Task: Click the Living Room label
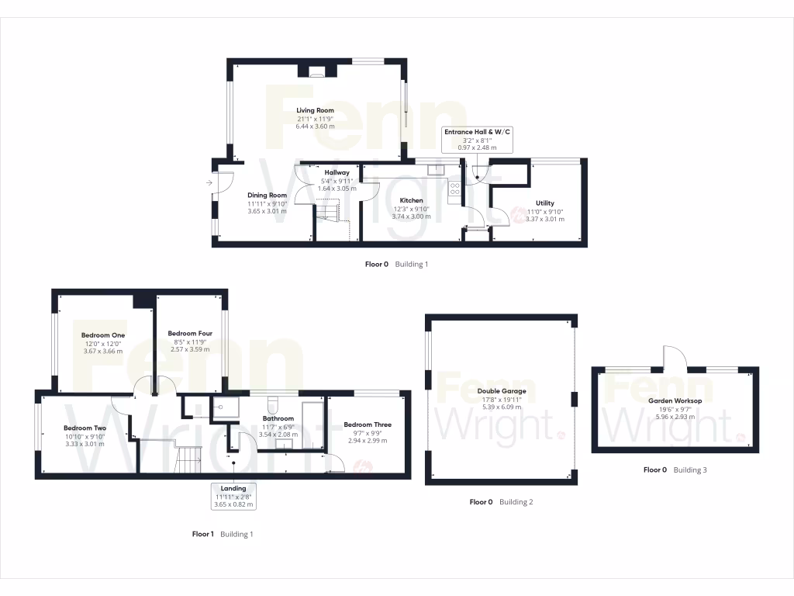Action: tap(316, 110)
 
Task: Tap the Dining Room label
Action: tap(267, 195)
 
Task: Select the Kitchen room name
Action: tap(411, 200)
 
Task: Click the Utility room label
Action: tap(544, 203)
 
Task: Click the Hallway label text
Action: tap(337, 172)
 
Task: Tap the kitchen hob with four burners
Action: tap(454, 190)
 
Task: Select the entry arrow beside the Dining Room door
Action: tap(210, 183)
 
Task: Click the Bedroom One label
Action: tap(103, 335)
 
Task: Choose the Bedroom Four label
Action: tap(190, 334)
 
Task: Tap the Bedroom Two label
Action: tap(85, 428)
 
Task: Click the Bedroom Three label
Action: tap(368, 424)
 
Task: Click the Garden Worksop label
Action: tap(675, 400)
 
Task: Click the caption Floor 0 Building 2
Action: tap(501, 502)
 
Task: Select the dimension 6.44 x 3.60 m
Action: tap(316, 126)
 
